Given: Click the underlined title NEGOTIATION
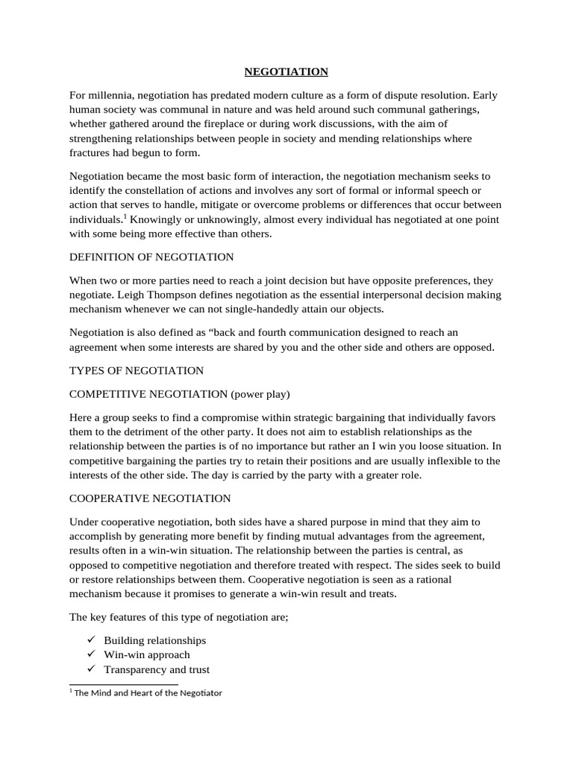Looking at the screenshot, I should [x=286, y=72].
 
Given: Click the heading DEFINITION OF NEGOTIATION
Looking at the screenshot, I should [x=151, y=257].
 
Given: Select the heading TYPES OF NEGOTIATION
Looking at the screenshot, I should [x=136, y=371].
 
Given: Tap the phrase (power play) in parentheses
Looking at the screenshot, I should [x=262, y=393].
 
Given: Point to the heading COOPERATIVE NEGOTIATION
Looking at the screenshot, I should [x=150, y=498].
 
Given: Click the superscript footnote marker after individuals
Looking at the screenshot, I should [x=125, y=217].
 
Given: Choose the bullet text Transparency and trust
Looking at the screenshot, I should [x=157, y=669].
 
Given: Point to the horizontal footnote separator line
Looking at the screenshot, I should [x=123, y=683].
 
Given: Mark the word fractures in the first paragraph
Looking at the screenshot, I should [x=91, y=154].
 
